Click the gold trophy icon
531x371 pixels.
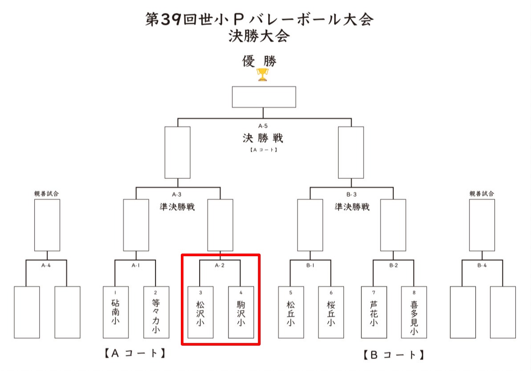click(263, 74)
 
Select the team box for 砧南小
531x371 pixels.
click(115, 312)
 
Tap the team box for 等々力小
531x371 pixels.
click(156, 312)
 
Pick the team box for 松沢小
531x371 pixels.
click(200, 312)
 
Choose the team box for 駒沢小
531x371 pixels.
click(241, 312)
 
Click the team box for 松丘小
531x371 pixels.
click(291, 312)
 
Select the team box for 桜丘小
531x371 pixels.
click(331, 312)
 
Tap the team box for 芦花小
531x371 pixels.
click(374, 312)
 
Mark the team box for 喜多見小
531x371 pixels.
click(414, 312)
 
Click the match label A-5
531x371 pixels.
click(263, 126)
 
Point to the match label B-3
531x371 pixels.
click(351, 194)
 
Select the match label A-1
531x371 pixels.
click(135, 266)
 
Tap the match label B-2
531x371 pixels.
click(394, 266)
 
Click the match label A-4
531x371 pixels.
click(46, 266)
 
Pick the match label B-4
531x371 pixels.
click(482, 266)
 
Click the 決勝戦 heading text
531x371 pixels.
click(263, 138)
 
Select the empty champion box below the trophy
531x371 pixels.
click(264, 97)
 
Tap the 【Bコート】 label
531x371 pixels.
click(392, 355)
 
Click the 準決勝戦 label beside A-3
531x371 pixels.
click(177, 207)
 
